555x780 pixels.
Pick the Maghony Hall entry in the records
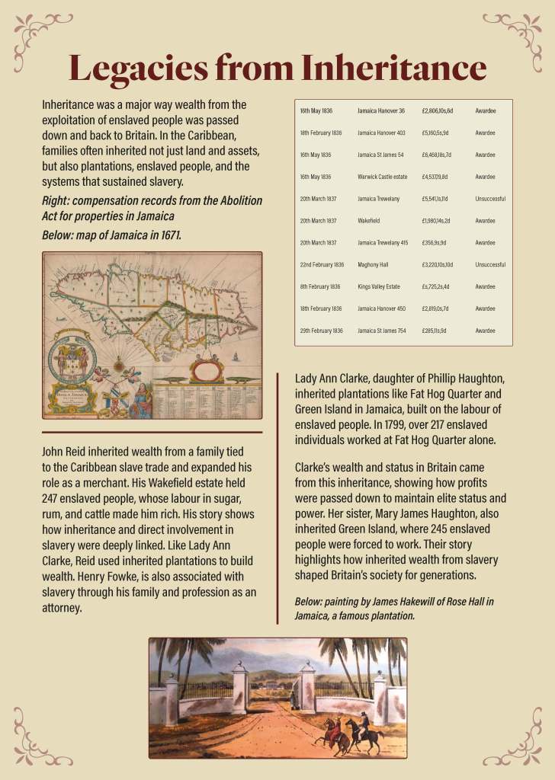tap(374, 265)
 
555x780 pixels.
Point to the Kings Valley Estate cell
tap(379, 287)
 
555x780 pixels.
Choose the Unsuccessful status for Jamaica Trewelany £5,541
tap(490, 199)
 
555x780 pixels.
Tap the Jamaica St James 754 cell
tap(383, 331)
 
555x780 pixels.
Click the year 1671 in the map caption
tap(166, 235)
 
